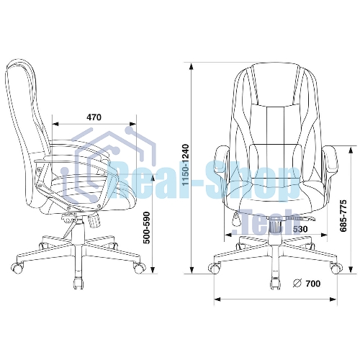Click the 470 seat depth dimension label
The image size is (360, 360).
click(x=94, y=117)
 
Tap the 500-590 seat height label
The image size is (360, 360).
click(x=146, y=228)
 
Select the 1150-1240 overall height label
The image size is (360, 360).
click(x=186, y=165)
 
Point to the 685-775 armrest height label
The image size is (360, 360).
click(x=343, y=215)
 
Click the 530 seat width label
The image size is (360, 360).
click(x=300, y=229)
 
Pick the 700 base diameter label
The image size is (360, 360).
click(x=313, y=284)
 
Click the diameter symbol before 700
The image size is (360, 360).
click(x=297, y=284)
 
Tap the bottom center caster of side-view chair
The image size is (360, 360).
click(x=78, y=283)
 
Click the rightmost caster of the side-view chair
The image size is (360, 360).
click(x=140, y=268)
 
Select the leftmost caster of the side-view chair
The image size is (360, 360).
click(x=17, y=268)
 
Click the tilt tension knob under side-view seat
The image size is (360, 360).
click(x=94, y=221)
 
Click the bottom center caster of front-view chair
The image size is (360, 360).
click(x=275, y=283)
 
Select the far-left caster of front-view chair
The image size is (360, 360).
click(x=215, y=268)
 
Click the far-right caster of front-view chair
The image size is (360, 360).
click(x=336, y=268)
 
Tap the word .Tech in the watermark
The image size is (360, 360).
click(x=263, y=221)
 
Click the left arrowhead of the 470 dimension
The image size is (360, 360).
click(x=55, y=124)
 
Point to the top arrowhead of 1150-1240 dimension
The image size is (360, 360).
click(x=192, y=66)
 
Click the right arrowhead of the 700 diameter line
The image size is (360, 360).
click(x=333, y=300)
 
